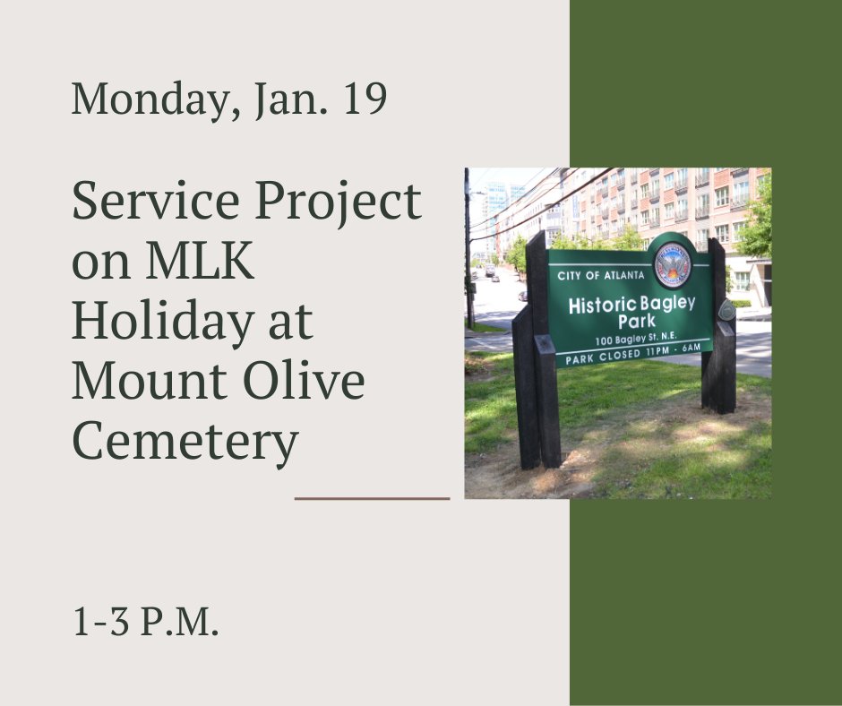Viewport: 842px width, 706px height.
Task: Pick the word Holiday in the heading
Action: [152, 323]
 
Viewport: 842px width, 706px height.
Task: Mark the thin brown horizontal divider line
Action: [372, 498]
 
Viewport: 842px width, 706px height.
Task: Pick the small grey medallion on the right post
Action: [726, 310]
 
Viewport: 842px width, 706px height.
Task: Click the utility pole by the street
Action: [468, 251]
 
